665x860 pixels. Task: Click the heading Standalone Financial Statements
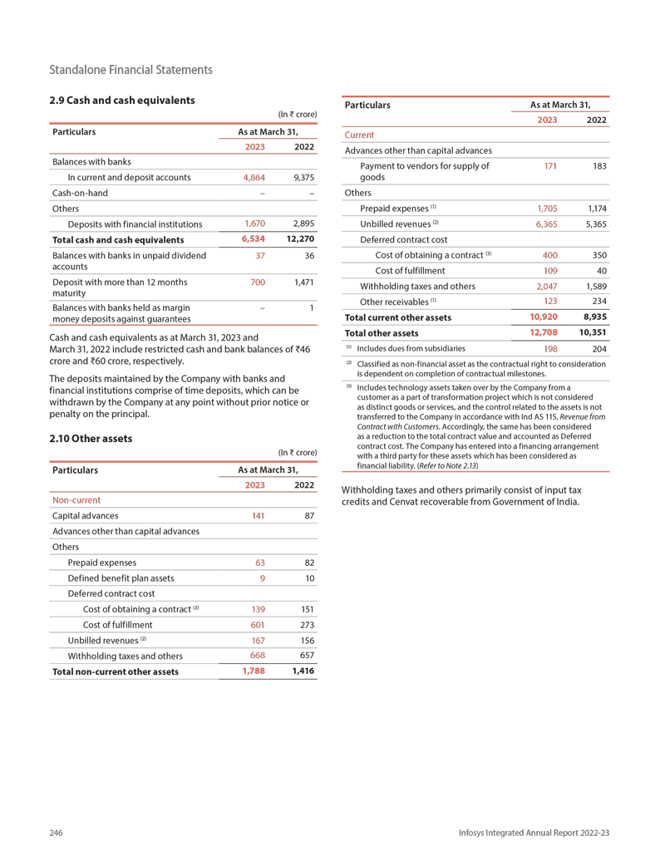(x=131, y=70)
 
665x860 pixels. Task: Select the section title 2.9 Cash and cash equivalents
(x=122, y=101)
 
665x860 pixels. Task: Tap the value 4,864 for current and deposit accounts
(x=254, y=178)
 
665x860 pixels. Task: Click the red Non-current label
(x=76, y=500)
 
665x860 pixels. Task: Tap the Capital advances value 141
(x=258, y=516)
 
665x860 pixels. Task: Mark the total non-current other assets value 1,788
(x=253, y=671)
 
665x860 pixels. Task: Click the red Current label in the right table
(x=359, y=135)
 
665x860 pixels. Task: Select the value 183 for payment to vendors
(x=597, y=167)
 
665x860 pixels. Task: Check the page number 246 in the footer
(x=57, y=833)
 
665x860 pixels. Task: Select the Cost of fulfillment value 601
(x=258, y=625)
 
